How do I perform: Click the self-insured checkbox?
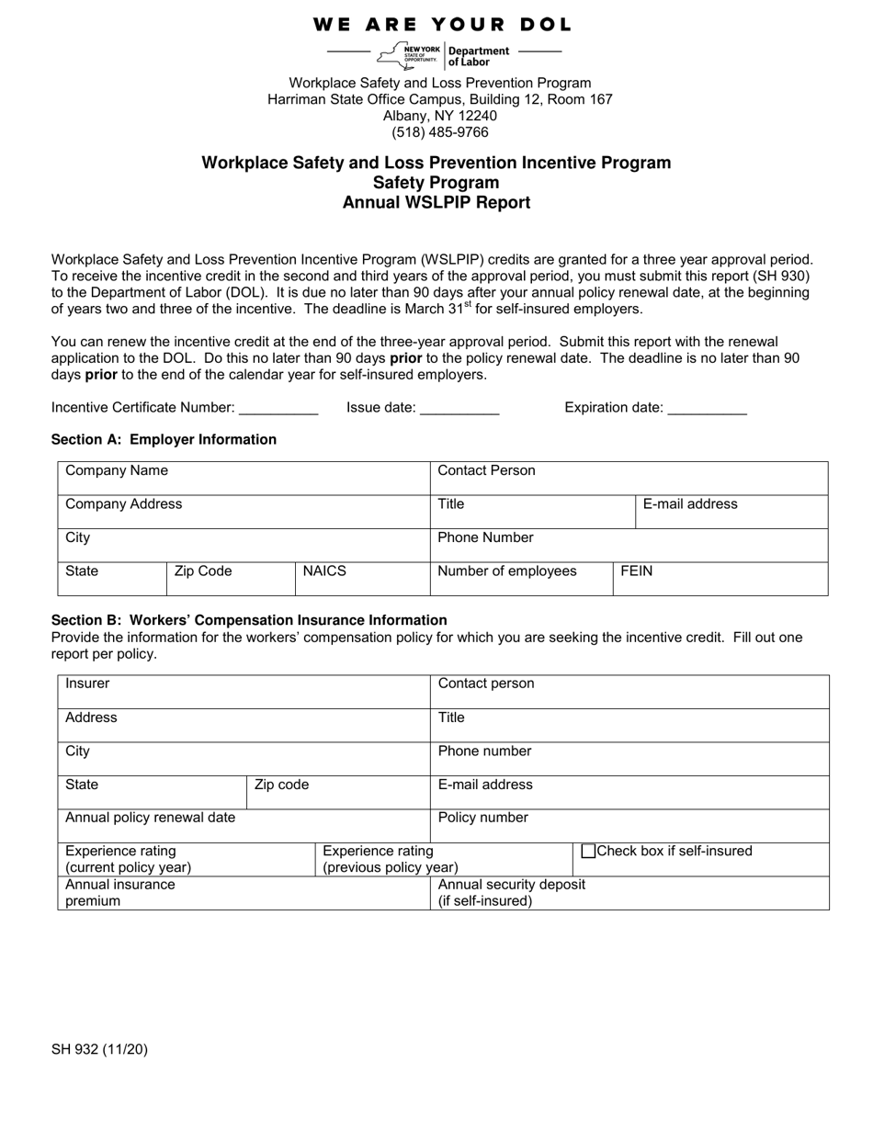point(589,852)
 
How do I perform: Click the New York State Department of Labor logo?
point(445,56)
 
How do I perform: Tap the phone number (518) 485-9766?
point(439,132)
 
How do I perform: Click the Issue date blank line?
point(459,409)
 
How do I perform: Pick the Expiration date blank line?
point(707,409)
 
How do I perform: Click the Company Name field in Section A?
point(244,479)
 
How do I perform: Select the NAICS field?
point(362,579)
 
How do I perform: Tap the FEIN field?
point(720,579)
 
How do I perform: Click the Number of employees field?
point(521,579)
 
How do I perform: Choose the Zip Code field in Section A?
point(230,579)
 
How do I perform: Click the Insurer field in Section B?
point(244,692)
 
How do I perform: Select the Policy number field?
point(629,826)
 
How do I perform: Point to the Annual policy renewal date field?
point(244,826)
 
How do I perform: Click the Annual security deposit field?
point(629,893)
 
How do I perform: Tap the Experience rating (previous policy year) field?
point(444,860)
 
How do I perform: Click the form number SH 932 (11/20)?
point(99,1049)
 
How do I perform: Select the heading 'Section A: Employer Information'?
point(164,440)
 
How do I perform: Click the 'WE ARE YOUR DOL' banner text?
point(442,25)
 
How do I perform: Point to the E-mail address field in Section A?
point(731,512)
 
